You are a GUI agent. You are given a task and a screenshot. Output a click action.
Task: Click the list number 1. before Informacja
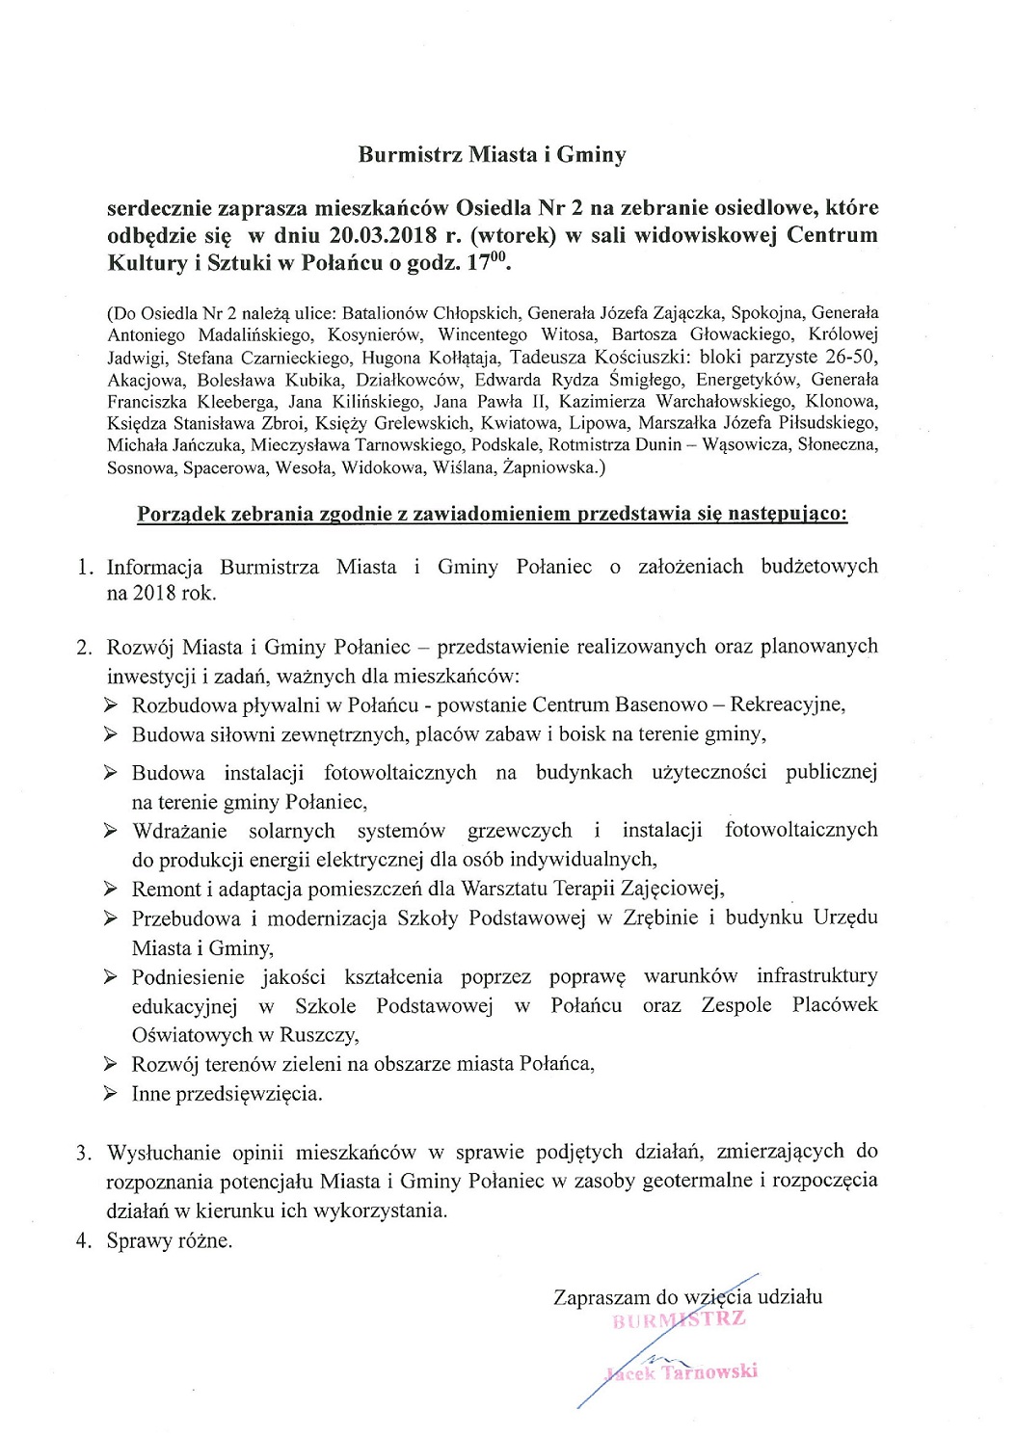pyautogui.click(x=85, y=567)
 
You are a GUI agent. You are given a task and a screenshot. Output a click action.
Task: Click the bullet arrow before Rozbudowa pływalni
pyautogui.click(x=112, y=705)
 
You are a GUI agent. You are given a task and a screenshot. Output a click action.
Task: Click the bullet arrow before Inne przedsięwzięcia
pyautogui.click(x=112, y=1094)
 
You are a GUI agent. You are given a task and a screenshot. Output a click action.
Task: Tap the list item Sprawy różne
pyautogui.click(x=170, y=1240)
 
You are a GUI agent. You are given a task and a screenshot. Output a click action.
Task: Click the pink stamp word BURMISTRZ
pyautogui.click(x=680, y=1319)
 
